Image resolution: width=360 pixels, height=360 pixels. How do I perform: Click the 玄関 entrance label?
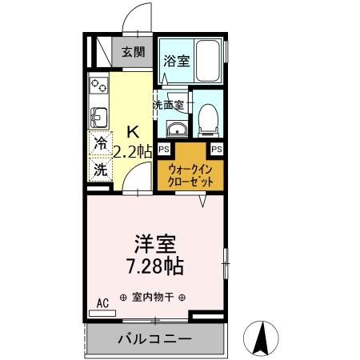point(133,53)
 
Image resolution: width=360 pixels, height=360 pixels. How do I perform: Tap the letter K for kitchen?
point(134,130)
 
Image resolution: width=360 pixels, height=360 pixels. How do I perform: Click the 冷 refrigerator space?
point(100,145)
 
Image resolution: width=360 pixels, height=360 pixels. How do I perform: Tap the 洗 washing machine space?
point(100,169)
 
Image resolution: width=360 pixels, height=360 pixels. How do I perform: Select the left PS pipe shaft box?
point(163,149)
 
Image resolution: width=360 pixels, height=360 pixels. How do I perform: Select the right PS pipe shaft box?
point(216,149)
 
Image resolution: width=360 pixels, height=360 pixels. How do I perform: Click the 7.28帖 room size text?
point(155,265)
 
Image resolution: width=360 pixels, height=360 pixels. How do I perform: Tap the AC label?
point(102,302)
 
